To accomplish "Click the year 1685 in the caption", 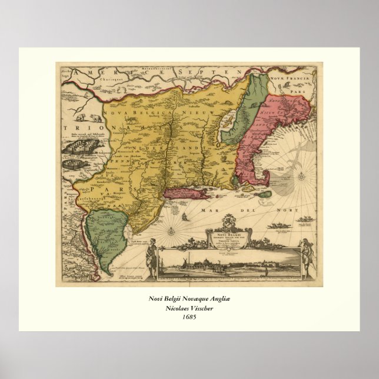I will coord(189,317).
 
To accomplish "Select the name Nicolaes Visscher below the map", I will coord(189,307).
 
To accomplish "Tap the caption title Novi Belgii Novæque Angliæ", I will coord(189,298).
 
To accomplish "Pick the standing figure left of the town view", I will coord(151,259).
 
